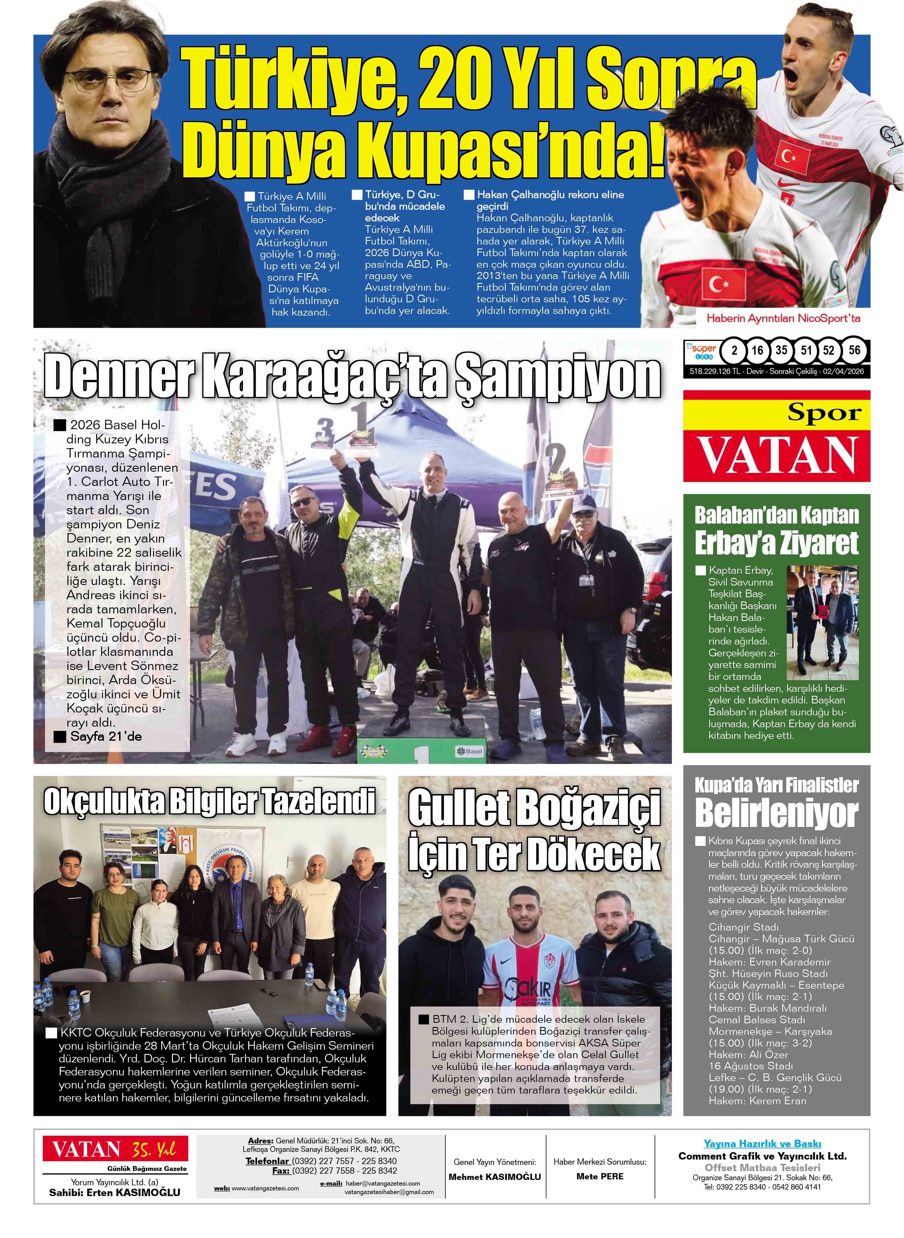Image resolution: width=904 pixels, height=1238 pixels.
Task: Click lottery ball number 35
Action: coord(781,350)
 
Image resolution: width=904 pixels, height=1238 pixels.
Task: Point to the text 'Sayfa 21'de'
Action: coord(106,736)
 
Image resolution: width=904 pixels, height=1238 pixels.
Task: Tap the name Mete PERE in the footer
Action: coord(600,1176)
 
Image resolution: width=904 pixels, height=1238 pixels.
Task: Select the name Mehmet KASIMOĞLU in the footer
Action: coord(494,1177)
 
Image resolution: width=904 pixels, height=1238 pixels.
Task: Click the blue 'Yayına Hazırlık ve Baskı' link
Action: coord(762,1143)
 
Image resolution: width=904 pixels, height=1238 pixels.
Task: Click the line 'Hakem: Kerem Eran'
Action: coord(757,1101)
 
